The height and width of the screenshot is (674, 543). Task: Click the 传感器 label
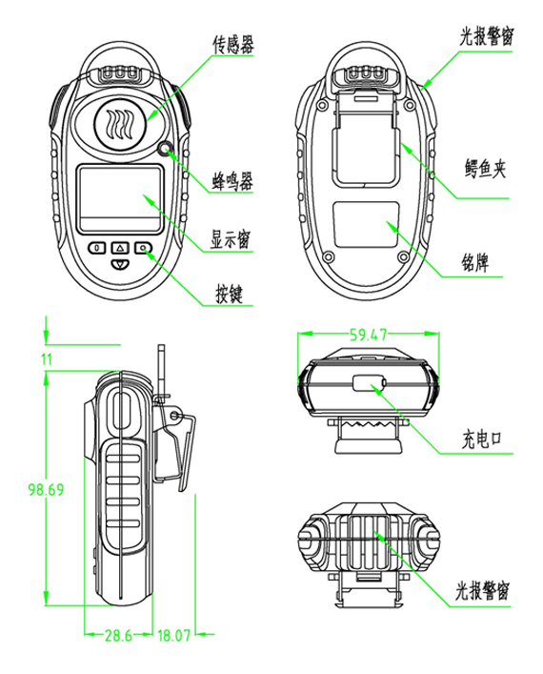click(x=233, y=45)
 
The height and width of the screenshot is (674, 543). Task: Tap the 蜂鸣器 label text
click(x=232, y=181)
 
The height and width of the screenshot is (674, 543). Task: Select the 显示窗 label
click(x=230, y=239)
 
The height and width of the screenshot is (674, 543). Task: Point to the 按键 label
click(x=230, y=294)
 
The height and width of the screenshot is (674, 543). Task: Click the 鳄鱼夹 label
click(x=485, y=169)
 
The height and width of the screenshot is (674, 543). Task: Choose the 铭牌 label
click(x=474, y=262)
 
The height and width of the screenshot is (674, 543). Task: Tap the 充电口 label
click(x=482, y=439)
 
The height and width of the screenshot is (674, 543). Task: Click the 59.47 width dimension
click(x=368, y=335)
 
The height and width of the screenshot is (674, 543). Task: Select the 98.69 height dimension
click(x=46, y=490)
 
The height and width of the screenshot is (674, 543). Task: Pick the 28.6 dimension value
click(x=118, y=635)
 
